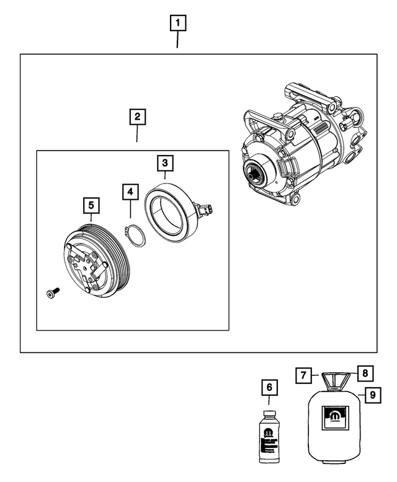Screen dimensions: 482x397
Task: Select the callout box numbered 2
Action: coord(137,117)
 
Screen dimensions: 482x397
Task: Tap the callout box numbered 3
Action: coord(164,163)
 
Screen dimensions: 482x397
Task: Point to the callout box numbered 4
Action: coord(130,192)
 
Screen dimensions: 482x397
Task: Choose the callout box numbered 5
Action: coord(91,204)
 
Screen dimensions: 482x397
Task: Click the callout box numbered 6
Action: coord(269,388)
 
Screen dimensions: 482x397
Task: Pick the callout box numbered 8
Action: coord(365,373)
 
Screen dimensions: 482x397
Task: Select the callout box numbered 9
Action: coord(372,394)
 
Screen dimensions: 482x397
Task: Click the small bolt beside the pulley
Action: coord(51,293)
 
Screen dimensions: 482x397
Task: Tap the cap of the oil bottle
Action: coord(269,413)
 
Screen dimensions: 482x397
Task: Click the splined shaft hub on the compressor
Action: coord(256,176)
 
